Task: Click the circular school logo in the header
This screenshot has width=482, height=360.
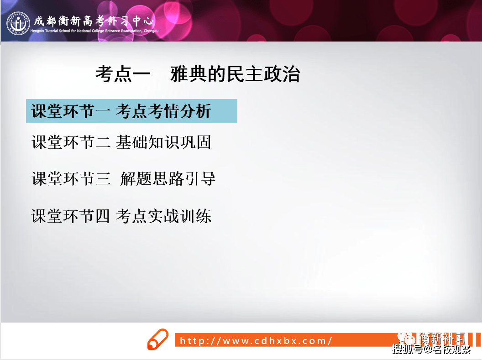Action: (x=18, y=23)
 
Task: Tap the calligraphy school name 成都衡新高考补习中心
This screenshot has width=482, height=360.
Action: (x=94, y=21)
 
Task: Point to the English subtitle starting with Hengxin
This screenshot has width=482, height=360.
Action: (x=94, y=31)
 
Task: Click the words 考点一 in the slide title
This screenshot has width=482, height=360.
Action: (x=123, y=74)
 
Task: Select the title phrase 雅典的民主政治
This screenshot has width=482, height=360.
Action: (x=235, y=74)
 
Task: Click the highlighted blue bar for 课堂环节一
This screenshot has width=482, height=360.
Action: (x=131, y=111)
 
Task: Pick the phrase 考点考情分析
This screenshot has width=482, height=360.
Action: (x=163, y=111)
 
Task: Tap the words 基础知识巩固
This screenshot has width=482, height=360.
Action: (x=163, y=142)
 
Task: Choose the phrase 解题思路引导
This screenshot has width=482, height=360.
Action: (x=168, y=178)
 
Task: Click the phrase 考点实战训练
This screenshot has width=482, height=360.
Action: (x=163, y=216)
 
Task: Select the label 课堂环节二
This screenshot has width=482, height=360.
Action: (x=71, y=142)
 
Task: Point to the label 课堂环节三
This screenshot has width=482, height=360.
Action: (x=71, y=178)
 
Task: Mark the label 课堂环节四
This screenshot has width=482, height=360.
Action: (x=71, y=216)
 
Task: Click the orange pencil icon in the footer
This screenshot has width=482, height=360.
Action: (x=158, y=339)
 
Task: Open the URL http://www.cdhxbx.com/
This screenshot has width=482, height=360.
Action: (x=256, y=341)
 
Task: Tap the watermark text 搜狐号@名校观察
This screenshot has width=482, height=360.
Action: (x=431, y=349)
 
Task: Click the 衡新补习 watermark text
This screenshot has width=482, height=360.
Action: (x=442, y=338)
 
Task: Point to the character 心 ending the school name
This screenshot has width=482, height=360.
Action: (x=148, y=21)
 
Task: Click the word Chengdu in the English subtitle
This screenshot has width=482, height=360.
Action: (x=151, y=31)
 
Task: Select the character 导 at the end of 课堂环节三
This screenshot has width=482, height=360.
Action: (x=208, y=178)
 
